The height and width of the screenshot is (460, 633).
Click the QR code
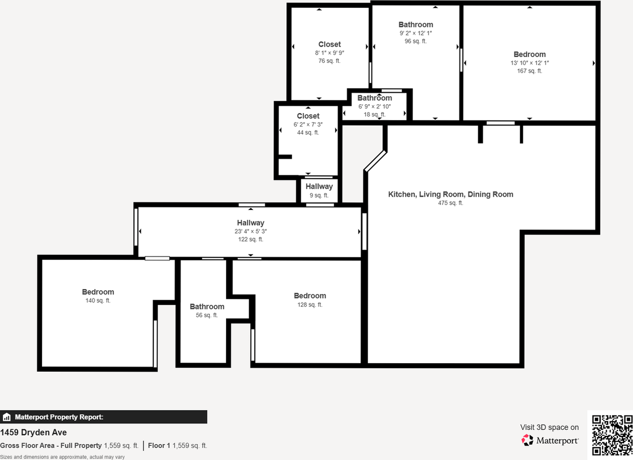612,435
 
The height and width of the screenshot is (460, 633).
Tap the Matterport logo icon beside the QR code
528,440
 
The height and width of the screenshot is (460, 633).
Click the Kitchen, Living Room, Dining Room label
451,194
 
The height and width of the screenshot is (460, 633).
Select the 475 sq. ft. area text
451,203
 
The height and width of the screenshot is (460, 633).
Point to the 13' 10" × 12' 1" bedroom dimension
529,63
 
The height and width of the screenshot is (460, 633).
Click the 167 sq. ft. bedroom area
529,71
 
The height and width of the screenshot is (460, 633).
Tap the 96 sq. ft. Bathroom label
416,25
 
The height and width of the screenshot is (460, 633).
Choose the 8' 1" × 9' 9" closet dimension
329,53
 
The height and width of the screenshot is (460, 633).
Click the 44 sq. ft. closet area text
308,132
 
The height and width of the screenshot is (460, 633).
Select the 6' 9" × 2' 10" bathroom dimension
374,106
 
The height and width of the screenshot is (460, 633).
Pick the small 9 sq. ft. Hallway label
319,187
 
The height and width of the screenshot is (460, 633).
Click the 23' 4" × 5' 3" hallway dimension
250,231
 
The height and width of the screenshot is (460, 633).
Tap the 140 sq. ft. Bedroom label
98,292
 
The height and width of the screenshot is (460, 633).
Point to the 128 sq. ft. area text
310,305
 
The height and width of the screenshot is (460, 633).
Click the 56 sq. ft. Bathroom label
207,307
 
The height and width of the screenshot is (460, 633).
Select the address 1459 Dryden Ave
34,433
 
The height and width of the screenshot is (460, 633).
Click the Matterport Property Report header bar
103,417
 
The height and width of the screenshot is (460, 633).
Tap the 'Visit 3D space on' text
549,427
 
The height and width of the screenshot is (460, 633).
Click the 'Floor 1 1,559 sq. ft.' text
178,446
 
